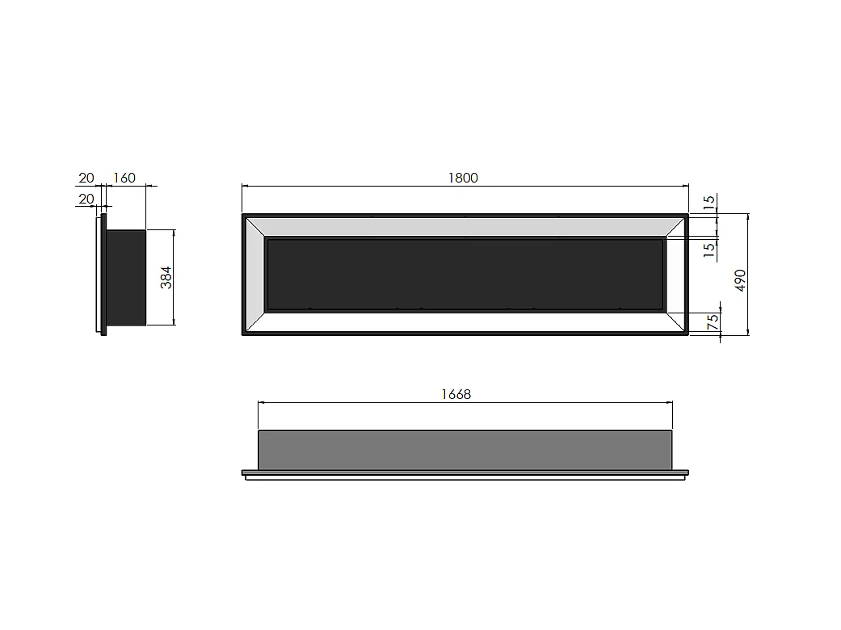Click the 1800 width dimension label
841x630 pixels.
pyautogui.click(x=464, y=178)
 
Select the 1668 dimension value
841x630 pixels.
pyautogui.click(x=456, y=394)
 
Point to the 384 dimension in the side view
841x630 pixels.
pyautogui.click(x=166, y=279)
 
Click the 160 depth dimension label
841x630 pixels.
pyautogui.click(x=125, y=178)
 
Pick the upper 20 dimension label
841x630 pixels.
pyautogui.click(x=86, y=178)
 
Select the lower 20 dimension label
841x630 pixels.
pyautogui.click(x=86, y=198)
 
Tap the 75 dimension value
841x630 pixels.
pyautogui.click(x=713, y=320)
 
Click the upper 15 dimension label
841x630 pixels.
pyautogui.click(x=709, y=204)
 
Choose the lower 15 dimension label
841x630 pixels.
pyautogui.click(x=709, y=250)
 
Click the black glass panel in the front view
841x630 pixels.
pyautogui.click(x=465, y=274)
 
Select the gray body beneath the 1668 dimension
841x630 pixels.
pyautogui.click(x=465, y=450)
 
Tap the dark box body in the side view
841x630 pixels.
pyautogui.click(x=126, y=277)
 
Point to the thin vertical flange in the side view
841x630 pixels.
pyautogui.click(x=103, y=275)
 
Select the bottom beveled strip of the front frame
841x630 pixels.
pyautogui.click(x=465, y=322)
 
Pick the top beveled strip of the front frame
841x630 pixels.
pyautogui.click(x=465, y=227)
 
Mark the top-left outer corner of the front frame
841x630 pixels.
pyautogui.click(x=243, y=215)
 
